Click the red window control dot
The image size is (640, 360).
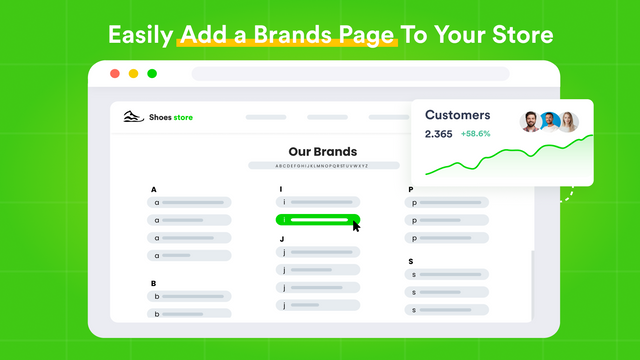pyautogui.click(x=114, y=74)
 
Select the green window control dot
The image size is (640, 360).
pyautogui.click(x=152, y=74)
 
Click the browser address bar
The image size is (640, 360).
pyautogui.click(x=350, y=74)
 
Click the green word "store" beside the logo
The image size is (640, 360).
pyautogui.click(x=182, y=118)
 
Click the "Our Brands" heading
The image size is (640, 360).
pyautogui.click(x=322, y=152)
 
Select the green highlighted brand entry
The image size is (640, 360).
pyautogui.click(x=317, y=220)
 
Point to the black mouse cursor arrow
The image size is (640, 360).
pyautogui.click(x=356, y=224)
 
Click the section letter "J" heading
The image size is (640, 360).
pyautogui.click(x=282, y=239)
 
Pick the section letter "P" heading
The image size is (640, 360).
pyautogui.click(x=410, y=189)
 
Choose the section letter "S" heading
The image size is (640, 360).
pyautogui.click(x=411, y=261)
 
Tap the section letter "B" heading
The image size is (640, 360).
pyautogui.click(x=154, y=283)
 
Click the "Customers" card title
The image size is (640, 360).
pyautogui.click(x=457, y=115)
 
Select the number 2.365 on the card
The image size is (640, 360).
pyautogui.click(x=438, y=134)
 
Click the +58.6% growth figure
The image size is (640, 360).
pyautogui.click(x=475, y=134)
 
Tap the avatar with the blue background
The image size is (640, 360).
pyautogui.click(x=550, y=122)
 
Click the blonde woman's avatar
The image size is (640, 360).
pyautogui.click(x=569, y=122)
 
